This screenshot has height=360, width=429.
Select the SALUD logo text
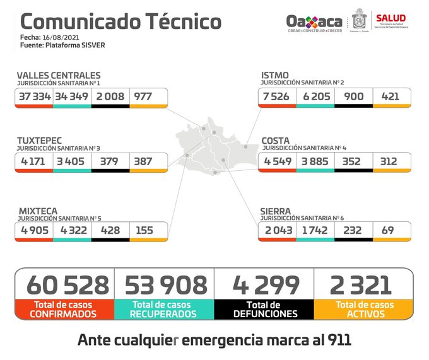click(391, 17)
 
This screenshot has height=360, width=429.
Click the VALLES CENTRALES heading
click(59, 76)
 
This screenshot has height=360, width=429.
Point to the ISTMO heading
click(275, 76)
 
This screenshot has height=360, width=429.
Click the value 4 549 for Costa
click(276, 161)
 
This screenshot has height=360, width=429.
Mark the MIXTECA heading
click(38, 211)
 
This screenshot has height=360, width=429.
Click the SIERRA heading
click(276, 211)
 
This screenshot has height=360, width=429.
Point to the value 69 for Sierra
click(387, 230)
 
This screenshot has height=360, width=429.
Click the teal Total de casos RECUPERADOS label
click(165, 309)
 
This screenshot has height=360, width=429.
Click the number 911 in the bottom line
click(336, 340)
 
